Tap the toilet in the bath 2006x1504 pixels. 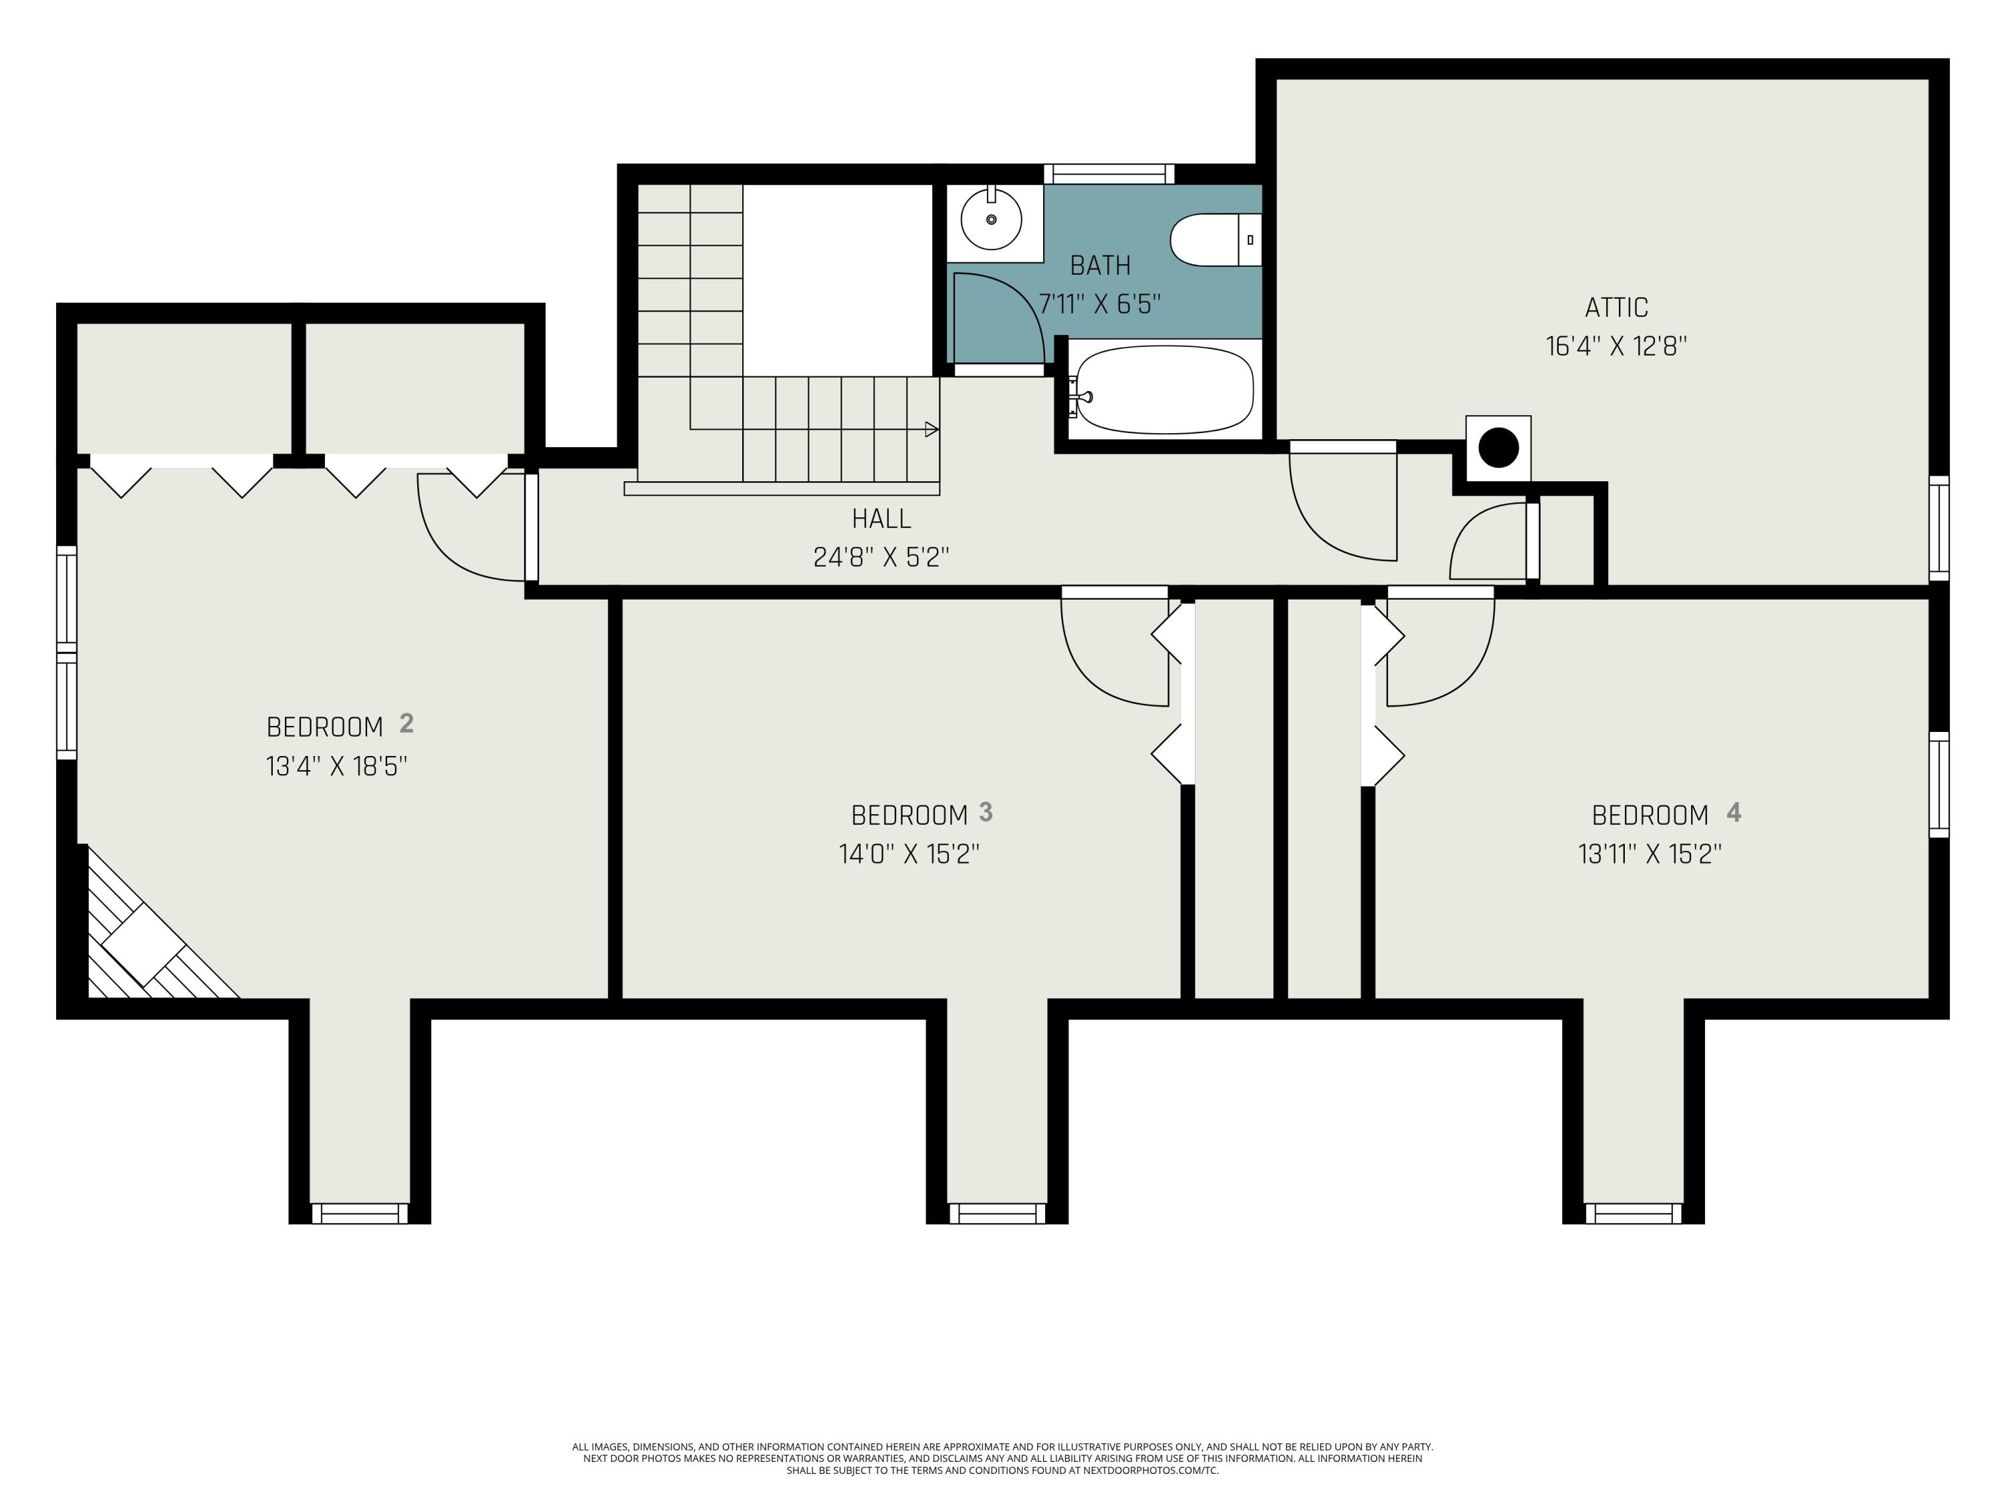coord(1215,240)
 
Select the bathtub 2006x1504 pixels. coord(1164,389)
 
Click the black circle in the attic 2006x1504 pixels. coord(1498,448)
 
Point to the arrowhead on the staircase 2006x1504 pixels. coord(931,430)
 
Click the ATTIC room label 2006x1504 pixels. coord(1616,308)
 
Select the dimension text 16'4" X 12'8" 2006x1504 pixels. coord(1616,346)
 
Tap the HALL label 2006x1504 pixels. coord(881,519)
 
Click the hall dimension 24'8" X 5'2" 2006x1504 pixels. coord(881,557)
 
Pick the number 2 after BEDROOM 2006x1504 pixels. coord(407,723)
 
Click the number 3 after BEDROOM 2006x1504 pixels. coord(986,812)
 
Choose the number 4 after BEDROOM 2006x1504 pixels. coord(1734,812)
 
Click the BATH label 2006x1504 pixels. coord(1100,265)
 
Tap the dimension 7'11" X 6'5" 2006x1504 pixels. coord(1100,303)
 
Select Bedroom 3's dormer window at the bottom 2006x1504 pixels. coord(997,1213)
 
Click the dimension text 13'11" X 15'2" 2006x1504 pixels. coord(1650,854)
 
